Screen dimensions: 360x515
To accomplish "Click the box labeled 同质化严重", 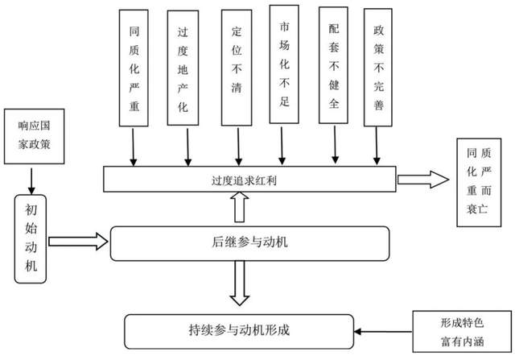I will pos(134,68).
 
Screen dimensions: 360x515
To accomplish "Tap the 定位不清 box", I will pos(237,68).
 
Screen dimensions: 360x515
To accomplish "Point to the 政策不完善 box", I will pos(379,68).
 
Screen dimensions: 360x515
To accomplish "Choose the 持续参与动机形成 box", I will pos(240,329).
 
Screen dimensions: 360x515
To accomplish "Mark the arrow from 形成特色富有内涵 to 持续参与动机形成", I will pos(384,330).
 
